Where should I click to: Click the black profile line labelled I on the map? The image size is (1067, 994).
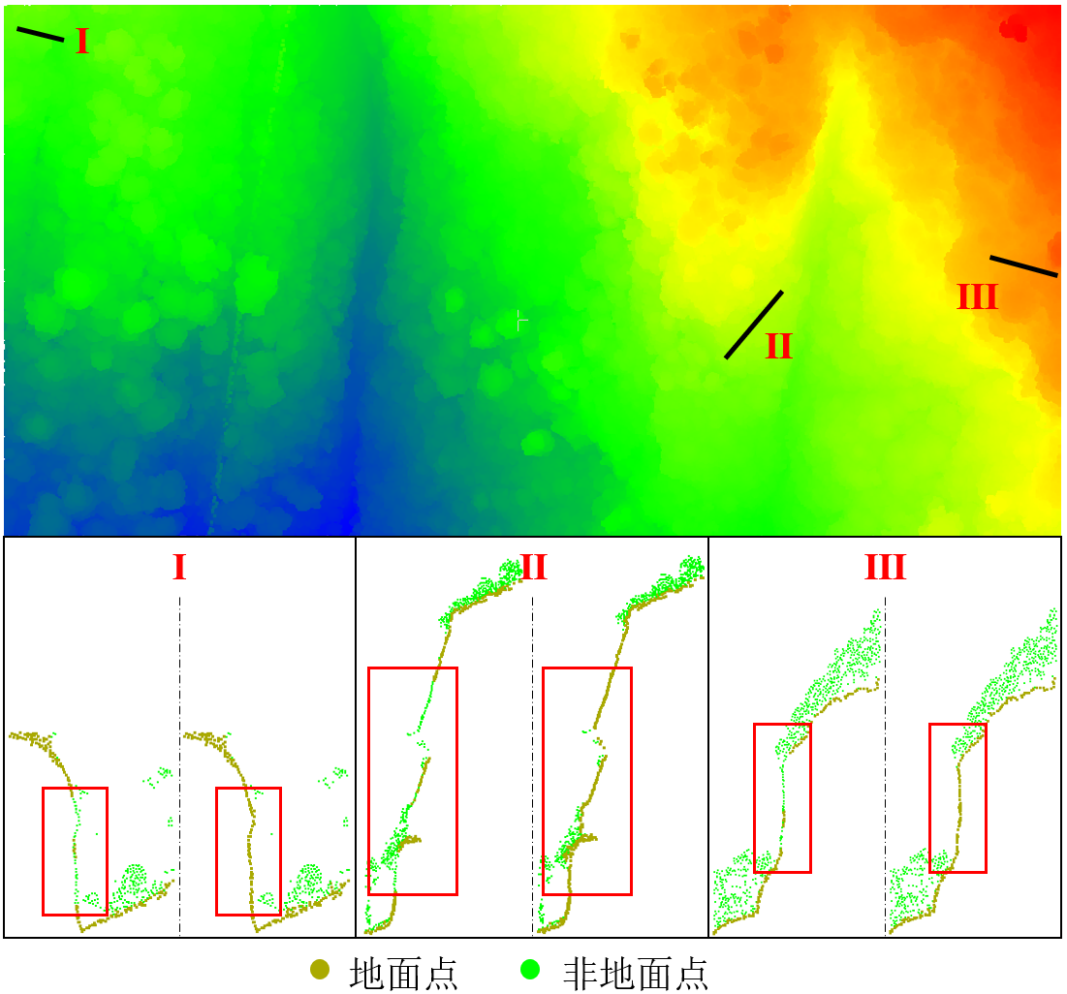41,34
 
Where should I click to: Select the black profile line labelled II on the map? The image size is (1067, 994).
754,325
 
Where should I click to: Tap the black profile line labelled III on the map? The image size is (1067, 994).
1023,266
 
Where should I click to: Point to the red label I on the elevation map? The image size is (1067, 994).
82,42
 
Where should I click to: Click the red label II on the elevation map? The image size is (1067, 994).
779,347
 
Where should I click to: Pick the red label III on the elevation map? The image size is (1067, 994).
977,297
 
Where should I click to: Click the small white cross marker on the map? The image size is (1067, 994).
521,320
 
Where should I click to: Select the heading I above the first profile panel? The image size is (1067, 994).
179,568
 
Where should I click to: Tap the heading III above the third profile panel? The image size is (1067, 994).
885,568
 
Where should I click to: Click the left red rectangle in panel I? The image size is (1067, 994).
75,851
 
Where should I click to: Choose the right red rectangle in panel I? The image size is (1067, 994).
248,851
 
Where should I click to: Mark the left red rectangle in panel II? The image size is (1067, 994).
413,781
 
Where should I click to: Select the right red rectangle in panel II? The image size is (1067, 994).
586,781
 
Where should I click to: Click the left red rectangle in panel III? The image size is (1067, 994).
782,797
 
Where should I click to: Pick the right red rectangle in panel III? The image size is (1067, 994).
957,797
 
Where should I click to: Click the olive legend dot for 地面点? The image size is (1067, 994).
320,969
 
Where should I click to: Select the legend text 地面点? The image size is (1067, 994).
403,972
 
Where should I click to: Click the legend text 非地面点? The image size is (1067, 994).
636,972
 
